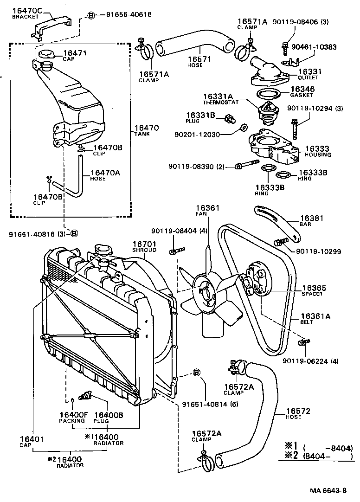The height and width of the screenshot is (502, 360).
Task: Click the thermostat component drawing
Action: [x=266, y=112]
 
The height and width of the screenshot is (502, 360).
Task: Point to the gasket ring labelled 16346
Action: [x=266, y=94]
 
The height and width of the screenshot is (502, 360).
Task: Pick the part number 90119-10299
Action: [x=318, y=252]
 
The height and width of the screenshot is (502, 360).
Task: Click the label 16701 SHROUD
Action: [x=144, y=246]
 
